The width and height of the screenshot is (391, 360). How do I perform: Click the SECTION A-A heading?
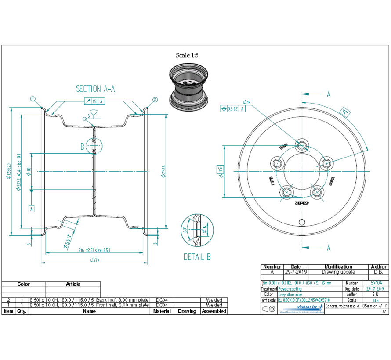(95, 89)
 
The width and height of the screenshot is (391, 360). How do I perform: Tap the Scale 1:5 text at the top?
(188, 55)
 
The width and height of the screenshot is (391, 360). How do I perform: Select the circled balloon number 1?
(33, 99)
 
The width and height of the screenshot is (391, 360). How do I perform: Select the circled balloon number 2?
(155, 100)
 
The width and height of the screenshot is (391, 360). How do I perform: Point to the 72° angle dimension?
(345, 112)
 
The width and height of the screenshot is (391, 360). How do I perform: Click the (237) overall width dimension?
(94, 260)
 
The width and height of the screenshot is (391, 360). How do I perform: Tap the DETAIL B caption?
(197, 257)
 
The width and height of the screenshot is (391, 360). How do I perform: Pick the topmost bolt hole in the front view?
(302, 145)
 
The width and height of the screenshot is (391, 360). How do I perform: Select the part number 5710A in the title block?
(377, 284)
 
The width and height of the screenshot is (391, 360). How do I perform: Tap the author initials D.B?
(378, 272)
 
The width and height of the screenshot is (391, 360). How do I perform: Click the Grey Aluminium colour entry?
(291, 295)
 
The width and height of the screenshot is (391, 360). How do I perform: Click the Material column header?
(162, 311)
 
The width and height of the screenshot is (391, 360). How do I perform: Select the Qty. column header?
(21, 311)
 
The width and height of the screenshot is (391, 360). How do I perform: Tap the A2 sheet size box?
(384, 312)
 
